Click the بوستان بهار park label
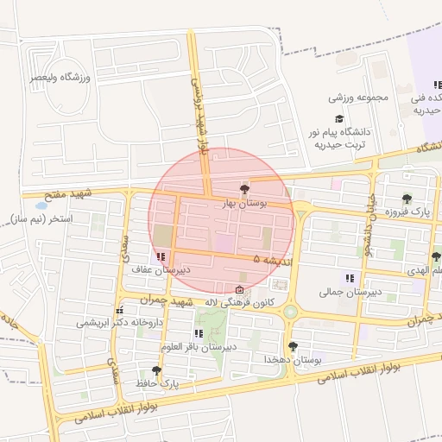(x=246, y=203)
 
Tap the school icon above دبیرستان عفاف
(x=161, y=256)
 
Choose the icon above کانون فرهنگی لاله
(x=239, y=289)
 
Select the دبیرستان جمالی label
(x=350, y=293)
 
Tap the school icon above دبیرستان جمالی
(x=350, y=278)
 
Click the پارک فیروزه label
(x=407, y=212)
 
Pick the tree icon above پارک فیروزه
(x=407, y=199)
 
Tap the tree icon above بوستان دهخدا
(x=294, y=345)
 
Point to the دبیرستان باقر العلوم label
(x=198, y=347)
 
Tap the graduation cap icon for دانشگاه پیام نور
(x=338, y=119)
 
